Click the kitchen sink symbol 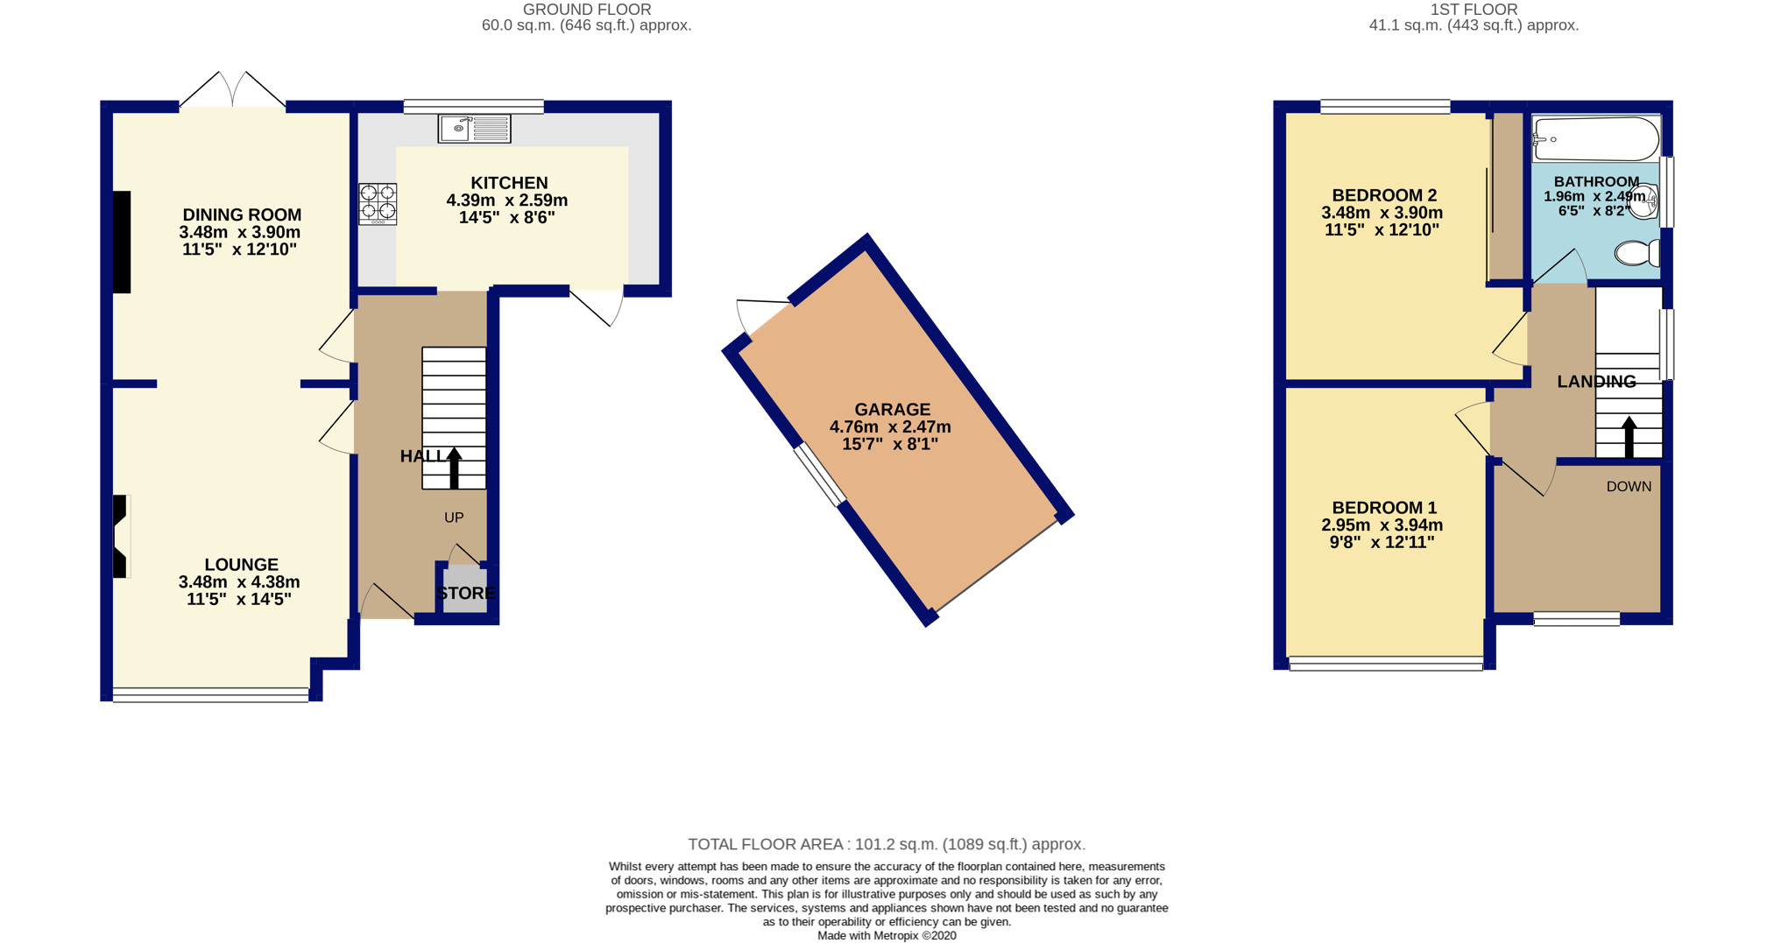[x=474, y=129]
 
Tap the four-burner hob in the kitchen [x=378, y=203]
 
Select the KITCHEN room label [x=509, y=183]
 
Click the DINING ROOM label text [x=242, y=215]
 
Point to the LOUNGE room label [x=242, y=565]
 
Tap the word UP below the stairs [x=454, y=517]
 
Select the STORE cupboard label [x=466, y=593]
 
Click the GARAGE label [x=892, y=409]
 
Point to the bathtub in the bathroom [x=1595, y=139]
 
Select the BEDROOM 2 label [x=1384, y=195]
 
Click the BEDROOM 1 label [x=1384, y=508]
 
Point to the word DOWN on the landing [x=1629, y=487]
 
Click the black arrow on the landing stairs [x=1629, y=436]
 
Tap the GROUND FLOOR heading [x=586, y=10]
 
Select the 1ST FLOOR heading [x=1474, y=10]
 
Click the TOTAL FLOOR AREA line [x=887, y=844]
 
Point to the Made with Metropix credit [x=887, y=935]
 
